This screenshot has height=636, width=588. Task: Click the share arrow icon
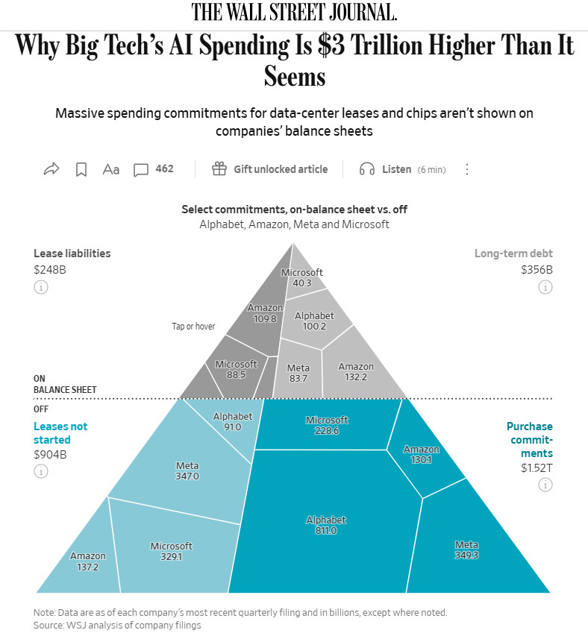point(51,169)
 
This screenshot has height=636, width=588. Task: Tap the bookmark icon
point(81,169)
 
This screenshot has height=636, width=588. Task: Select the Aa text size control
point(110,169)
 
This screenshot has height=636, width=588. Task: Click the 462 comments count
point(164,169)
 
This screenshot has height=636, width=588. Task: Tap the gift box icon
point(219,169)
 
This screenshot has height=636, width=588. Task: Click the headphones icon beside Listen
point(367,169)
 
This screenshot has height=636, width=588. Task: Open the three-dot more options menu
point(467,169)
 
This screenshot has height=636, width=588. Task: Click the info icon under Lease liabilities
point(40,287)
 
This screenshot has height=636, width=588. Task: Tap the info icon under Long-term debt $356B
point(545,287)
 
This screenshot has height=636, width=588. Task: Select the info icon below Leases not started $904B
point(40,471)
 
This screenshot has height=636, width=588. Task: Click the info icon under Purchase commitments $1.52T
point(545,485)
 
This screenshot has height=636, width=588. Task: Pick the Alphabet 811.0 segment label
point(326,525)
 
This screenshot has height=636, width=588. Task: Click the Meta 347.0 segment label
point(187,471)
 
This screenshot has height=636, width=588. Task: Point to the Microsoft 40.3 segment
point(302,277)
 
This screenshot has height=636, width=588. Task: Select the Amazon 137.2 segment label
point(87,561)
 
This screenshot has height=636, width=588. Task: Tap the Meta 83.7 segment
point(298,373)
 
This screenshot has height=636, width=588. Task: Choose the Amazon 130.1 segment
point(421,454)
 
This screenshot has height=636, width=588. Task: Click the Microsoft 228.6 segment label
point(327,425)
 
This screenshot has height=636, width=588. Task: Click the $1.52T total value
point(537,468)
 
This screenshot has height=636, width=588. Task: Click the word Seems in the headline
point(295,76)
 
